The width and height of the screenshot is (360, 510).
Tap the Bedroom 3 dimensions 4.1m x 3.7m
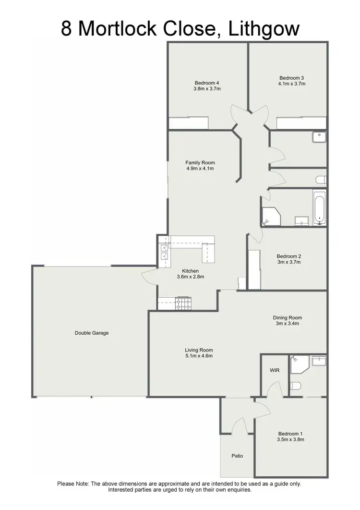tap(292, 84)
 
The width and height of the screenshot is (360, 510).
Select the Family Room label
tap(200, 162)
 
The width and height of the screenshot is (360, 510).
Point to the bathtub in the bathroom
tap(320, 207)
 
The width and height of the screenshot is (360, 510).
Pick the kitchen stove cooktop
tap(183, 304)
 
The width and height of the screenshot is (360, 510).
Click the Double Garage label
tap(92, 333)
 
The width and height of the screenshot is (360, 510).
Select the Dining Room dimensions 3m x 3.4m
tap(288, 324)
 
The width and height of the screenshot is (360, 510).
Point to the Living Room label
tap(199, 350)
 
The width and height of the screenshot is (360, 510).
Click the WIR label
tap(275, 371)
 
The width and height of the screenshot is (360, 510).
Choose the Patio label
tap(237, 456)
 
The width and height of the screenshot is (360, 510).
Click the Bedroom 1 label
tap(291, 433)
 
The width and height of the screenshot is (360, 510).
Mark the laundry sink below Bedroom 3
tap(319, 137)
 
